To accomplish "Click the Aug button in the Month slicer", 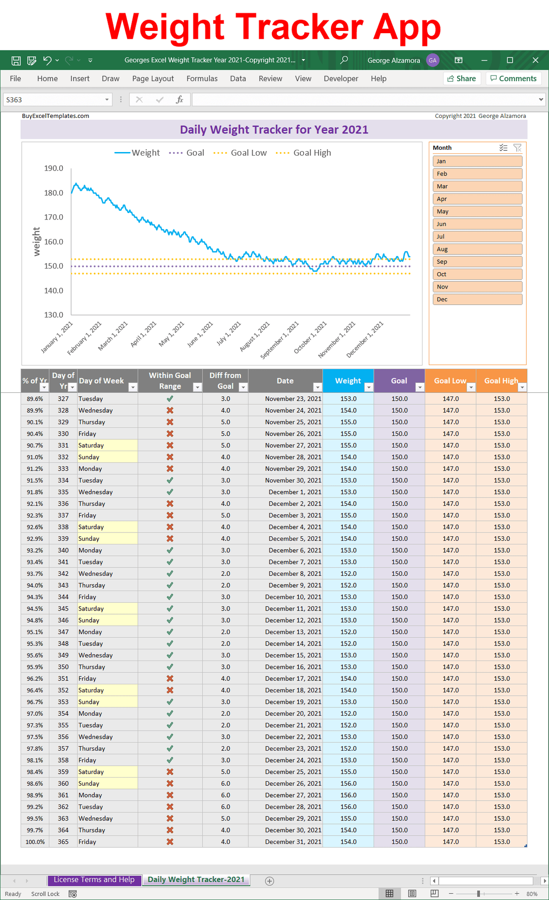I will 477,249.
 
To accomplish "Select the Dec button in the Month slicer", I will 477,299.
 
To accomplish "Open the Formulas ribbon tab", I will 202,78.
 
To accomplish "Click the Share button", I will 462,78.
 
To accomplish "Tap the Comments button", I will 513,78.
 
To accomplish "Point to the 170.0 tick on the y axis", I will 54,217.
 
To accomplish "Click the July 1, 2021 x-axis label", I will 229,334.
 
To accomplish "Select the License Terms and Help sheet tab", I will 94,880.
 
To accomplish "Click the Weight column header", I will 348,381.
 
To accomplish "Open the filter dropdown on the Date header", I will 317,387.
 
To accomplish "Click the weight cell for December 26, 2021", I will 348,783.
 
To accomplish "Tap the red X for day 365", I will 170,842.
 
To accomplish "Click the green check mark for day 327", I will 170,398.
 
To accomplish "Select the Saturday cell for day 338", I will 107,527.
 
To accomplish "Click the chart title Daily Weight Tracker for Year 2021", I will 274,130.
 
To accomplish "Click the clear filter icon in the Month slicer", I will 517,147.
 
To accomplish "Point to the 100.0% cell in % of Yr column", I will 35,842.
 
